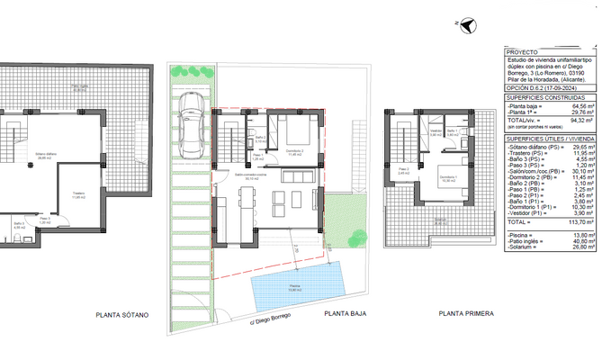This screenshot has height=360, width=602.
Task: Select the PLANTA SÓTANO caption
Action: coord(121,315)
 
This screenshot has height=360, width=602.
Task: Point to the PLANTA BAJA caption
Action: coord(347,315)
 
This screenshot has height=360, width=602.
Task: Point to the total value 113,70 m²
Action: coord(580,220)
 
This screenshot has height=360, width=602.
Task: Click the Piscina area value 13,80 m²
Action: coord(581,234)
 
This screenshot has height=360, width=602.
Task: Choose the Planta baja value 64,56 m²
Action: coord(580,106)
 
